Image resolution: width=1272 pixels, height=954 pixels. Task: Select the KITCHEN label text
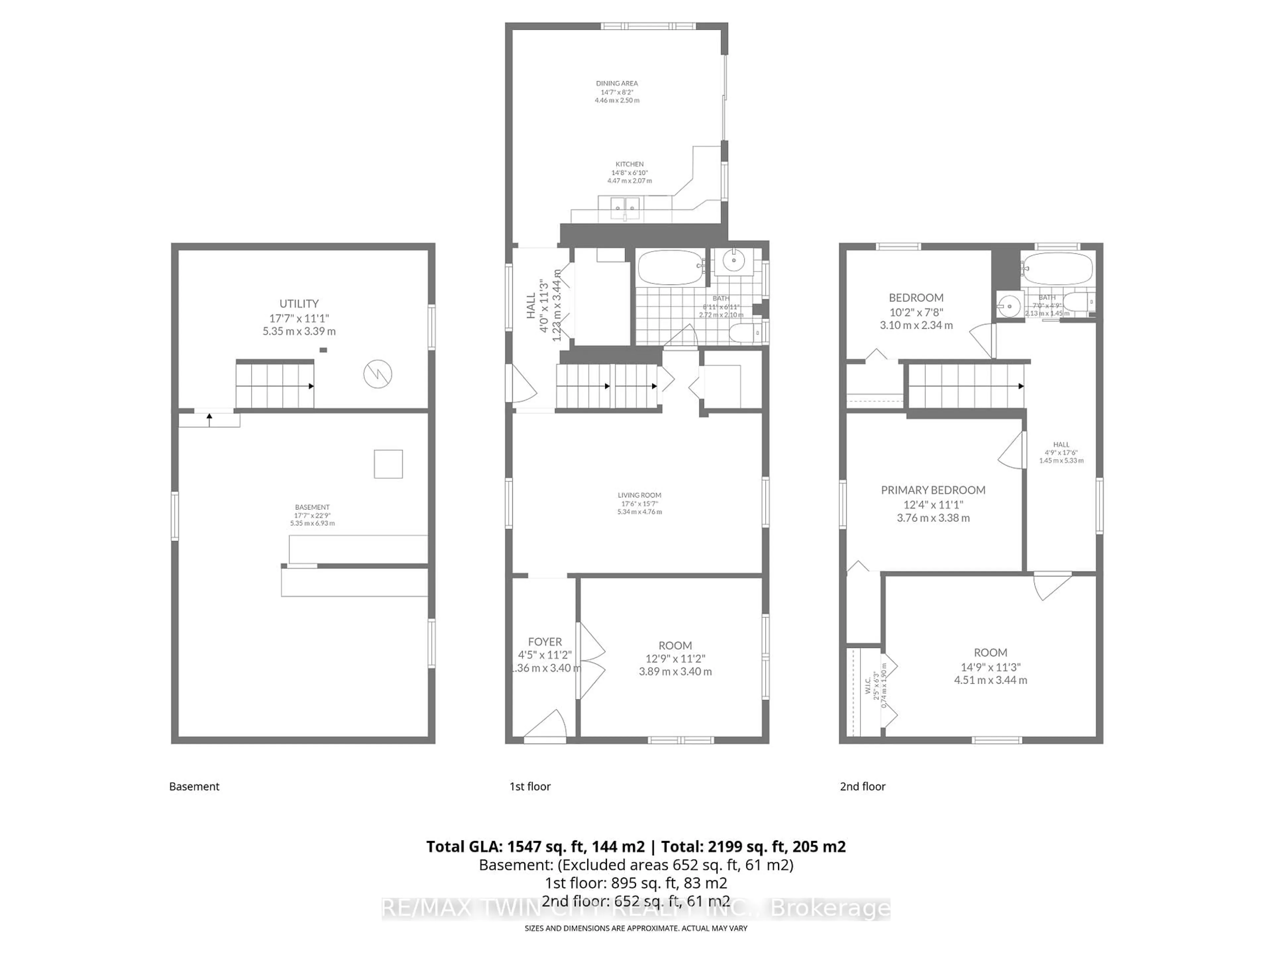pyautogui.click(x=630, y=164)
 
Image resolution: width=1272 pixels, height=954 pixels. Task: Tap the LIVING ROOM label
pyautogui.click(x=639, y=495)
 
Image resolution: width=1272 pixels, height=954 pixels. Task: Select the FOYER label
pyautogui.click(x=545, y=642)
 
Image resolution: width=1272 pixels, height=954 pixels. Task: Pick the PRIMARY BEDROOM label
pyautogui.click(x=933, y=490)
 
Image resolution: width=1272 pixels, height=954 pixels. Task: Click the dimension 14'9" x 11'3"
pyautogui.click(x=990, y=667)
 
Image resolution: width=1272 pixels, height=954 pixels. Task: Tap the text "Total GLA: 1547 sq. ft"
pyautogui.click(x=534, y=846)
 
